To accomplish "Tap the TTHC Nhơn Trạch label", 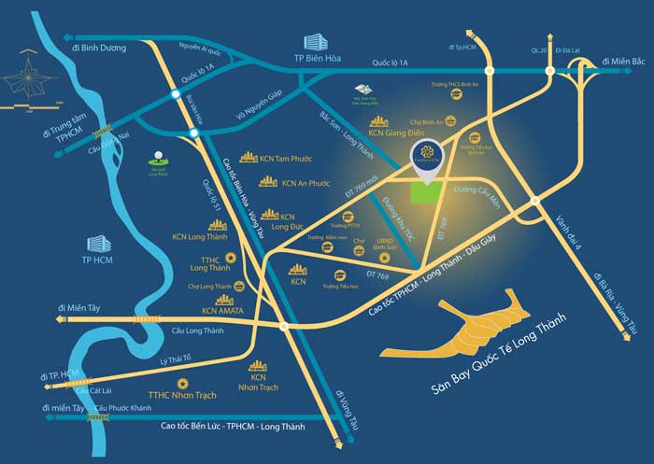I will pos(182,396).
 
